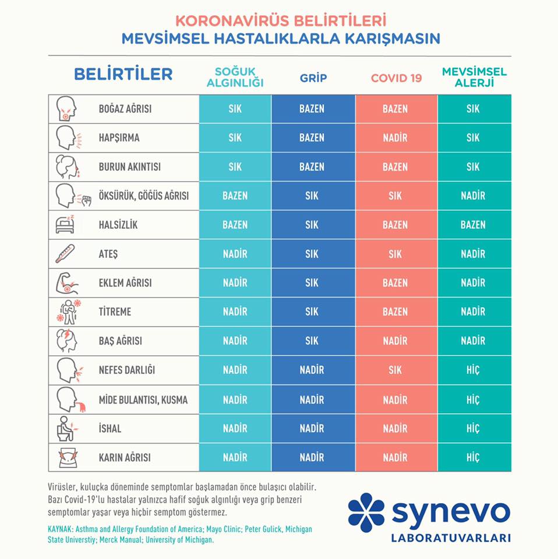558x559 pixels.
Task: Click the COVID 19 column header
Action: point(396,78)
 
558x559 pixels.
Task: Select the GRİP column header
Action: point(313,77)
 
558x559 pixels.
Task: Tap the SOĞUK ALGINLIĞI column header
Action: point(235,77)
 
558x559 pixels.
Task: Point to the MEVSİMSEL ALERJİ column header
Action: point(474,77)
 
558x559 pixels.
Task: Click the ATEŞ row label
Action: point(108,254)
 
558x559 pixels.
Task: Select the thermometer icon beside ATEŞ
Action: point(65,253)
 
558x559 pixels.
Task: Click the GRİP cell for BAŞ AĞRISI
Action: point(313,341)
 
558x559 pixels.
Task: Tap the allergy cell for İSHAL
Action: point(474,428)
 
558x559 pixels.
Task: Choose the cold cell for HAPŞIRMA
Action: point(235,137)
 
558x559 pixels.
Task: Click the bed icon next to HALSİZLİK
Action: point(65,224)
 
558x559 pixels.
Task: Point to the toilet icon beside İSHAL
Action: point(66,428)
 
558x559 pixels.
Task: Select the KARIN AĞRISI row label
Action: point(125,458)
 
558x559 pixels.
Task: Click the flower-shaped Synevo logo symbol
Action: point(366,512)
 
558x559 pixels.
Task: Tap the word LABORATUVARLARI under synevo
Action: point(451,538)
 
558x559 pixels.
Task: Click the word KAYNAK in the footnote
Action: point(60,529)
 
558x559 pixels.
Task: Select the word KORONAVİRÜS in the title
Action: point(232,21)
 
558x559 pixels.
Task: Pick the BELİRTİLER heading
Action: point(123,74)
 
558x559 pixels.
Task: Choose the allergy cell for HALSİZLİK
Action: point(474,225)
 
